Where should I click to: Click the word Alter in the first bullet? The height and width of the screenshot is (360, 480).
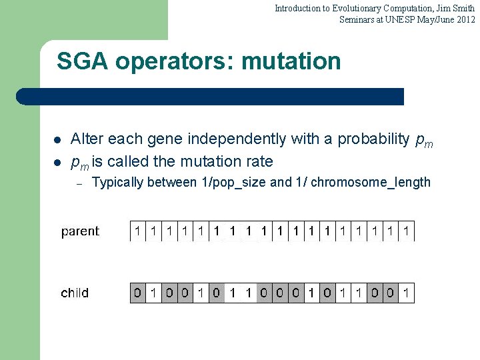[x=87, y=139]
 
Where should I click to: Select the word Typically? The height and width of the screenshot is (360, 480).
[x=117, y=182]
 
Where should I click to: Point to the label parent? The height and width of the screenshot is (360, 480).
[x=80, y=231]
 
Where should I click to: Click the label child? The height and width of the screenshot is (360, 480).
[x=75, y=293]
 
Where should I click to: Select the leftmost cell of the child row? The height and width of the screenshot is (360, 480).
[x=138, y=293]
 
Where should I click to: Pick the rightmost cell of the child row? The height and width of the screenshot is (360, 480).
[x=406, y=293]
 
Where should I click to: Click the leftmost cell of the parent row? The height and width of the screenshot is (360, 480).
[x=138, y=231]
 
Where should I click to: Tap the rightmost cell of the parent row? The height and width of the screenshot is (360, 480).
[x=406, y=231]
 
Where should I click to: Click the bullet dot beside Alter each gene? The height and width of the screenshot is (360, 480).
[x=57, y=140]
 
